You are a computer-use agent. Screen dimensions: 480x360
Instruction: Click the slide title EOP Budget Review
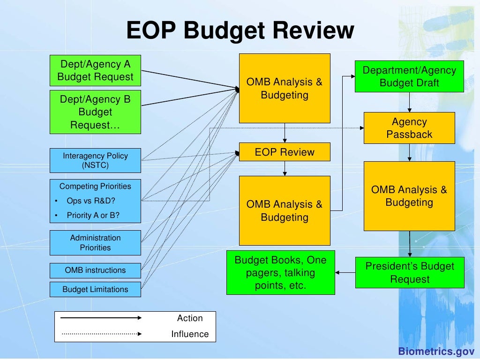tap(240, 31)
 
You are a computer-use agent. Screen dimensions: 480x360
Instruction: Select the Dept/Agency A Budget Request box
tap(95, 70)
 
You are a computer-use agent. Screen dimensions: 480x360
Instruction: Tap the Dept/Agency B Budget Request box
tap(95, 112)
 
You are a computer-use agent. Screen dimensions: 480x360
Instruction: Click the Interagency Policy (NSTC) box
tap(95, 160)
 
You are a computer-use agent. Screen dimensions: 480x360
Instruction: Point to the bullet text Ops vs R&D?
tap(91, 201)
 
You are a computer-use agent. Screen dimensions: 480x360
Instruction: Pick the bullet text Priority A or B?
tap(93, 216)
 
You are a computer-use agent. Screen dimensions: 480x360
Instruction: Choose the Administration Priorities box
tap(95, 242)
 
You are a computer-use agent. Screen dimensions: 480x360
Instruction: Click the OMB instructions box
tap(95, 270)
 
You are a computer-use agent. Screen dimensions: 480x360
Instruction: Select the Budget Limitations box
tap(95, 289)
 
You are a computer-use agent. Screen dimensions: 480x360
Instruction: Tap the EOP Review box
tap(285, 152)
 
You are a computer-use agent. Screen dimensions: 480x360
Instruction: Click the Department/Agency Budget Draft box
tap(409, 76)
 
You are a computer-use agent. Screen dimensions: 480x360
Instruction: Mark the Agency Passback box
tap(409, 128)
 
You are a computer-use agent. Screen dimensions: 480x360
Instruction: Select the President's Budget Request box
tap(410, 273)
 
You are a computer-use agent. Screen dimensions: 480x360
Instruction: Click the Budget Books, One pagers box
tap(280, 273)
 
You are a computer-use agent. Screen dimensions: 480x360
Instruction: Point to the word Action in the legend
tap(190, 318)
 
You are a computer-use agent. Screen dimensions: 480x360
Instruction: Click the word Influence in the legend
tap(190, 334)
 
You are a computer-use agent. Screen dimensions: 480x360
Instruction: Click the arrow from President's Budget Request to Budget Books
tap(345, 272)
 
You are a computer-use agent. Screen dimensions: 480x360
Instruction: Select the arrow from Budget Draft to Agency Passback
tap(410, 102)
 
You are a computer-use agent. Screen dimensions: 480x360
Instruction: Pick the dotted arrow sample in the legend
tap(101, 334)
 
